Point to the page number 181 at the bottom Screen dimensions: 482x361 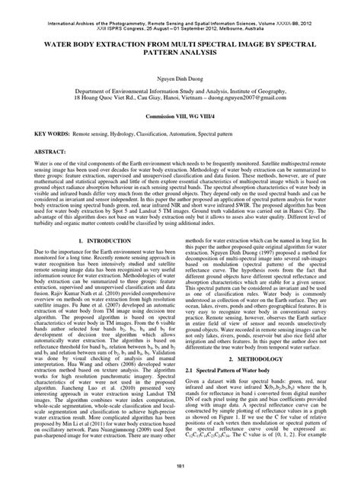180,466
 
